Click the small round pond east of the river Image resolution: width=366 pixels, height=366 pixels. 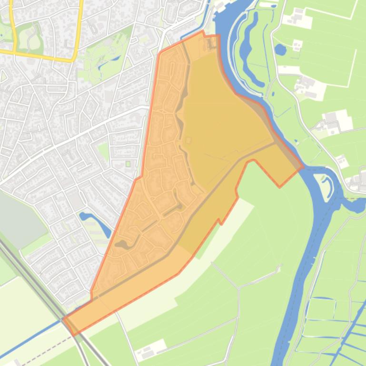[x=280, y=49]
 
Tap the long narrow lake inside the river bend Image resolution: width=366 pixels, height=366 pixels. [x=248, y=48]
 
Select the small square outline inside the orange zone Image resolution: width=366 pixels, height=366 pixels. [x=188, y=140]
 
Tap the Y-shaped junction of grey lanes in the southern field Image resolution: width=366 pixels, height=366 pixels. [x=238, y=288]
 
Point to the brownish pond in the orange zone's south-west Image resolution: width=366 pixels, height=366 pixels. [x=123, y=244]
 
